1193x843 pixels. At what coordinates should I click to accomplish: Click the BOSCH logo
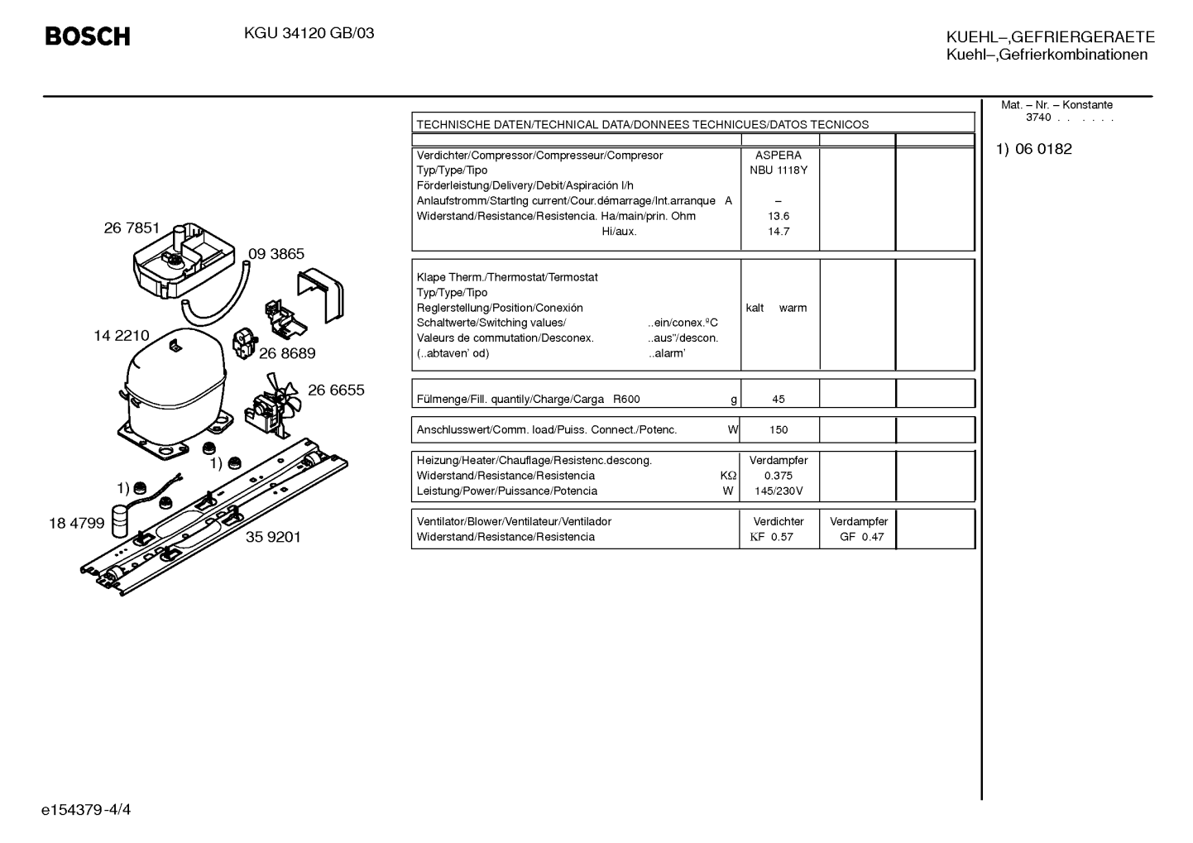pyautogui.click(x=88, y=36)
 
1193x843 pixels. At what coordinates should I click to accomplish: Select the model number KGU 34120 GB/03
pyautogui.click(x=309, y=34)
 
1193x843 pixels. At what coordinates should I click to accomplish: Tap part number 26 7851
pyautogui.click(x=132, y=228)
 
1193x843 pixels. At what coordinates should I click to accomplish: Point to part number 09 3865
pyautogui.click(x=275, y=253)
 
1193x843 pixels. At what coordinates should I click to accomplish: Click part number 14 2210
pyautogui.click(x=122, y=336)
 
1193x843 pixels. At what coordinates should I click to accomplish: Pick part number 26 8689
pyautogui.click(x=287, y=353)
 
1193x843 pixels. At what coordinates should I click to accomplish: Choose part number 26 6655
pyautogui.click(x=336, y=390)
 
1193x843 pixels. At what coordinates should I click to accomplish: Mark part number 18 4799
pyautogui.click(x=77, y=523)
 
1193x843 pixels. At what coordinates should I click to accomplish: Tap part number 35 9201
pyautogui.click(x=273, y=537)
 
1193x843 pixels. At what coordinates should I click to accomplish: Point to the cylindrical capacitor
pyautogui.click(x=120, y=522)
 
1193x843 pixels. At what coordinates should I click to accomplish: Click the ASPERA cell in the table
pyautogui.click(x=779, y=156)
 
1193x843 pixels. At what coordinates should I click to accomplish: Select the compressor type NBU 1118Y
pyautogui.click(x=779, y=170)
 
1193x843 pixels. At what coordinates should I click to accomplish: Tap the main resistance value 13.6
pyautogui.click(x=779, y=216)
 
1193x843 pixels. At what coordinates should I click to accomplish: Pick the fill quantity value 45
pyautogui.click(x=779, y=399)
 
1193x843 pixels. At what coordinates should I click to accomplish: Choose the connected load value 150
pyautogui.click(x=779, y=429)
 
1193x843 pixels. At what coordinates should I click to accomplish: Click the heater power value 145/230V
pyautogui.click(x=779, y=491)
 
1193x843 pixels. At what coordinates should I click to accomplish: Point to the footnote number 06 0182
pyautogui.click(x=1043, y=149)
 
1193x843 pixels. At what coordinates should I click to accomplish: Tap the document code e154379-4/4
pyautogui.click(x=86, y=810)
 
